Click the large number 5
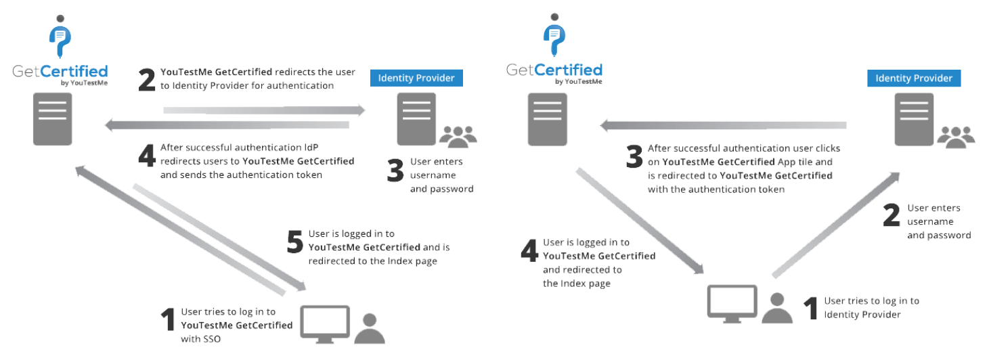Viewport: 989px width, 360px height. click(x=294, y=242)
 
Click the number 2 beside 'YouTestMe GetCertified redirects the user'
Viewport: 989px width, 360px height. click(x=147, y=81)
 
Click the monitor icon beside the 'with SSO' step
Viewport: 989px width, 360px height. click(x=325, y=324)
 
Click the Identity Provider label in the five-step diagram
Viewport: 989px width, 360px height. click(x=416, y=77)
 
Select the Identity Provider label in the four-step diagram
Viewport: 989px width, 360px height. click(x=914, y=78)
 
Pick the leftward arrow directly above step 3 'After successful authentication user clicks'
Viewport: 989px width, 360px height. click(x=724, y=125)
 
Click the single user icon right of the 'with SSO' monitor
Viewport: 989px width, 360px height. click(x=370, y=329)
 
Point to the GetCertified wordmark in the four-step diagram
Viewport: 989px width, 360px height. click(x=554, y=70)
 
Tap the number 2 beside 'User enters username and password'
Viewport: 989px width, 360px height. click(x=892, y=217)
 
